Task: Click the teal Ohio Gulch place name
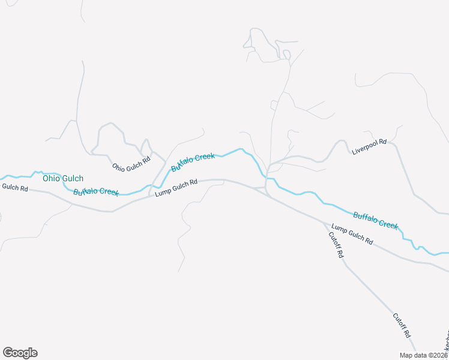point(63,178)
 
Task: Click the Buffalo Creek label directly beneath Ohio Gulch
point(96,192)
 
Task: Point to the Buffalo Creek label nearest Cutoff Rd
point(375,220)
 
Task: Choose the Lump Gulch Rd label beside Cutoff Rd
point(352,235)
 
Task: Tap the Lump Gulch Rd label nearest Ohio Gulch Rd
point(176,188)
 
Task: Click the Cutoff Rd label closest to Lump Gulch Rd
point(336,245)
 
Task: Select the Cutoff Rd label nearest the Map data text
point(402,325)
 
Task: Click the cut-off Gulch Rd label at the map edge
point(14,188)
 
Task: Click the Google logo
point(20,353)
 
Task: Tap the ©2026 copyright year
point(438,355)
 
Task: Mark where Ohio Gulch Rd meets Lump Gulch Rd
point(149,196)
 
